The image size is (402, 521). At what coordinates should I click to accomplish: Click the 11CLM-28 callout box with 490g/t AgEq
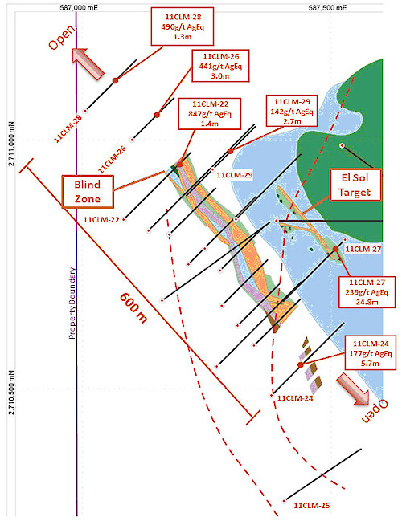click(x=183, y=26)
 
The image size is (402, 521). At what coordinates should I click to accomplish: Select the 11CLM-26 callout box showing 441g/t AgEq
click(x=220, y=66)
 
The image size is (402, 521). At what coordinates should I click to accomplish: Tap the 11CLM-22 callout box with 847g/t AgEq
click(x=210, y=114)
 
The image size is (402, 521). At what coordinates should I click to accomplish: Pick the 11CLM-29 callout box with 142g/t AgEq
click(x=292, y=111)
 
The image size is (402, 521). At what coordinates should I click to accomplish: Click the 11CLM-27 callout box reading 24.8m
click(x=367, y=292)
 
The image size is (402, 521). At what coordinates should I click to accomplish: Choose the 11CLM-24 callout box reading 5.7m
click(x=371, y=353)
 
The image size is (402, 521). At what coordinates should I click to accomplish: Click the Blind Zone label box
click(x=88, y=192)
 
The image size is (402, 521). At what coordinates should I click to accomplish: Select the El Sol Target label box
click(x=355, y=185)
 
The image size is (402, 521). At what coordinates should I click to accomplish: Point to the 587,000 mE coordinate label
click(x=79, y=7)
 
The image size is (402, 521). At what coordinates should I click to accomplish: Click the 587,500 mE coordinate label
click(x=327, y=7)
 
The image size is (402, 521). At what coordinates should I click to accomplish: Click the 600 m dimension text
click(x=133, y=308)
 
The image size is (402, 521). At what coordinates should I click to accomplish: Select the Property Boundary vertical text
click(x=72, y=303)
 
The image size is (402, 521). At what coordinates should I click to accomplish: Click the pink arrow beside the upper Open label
click(x=89, y=63)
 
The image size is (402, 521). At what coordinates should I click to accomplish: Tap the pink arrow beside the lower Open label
click(x=353, y=389)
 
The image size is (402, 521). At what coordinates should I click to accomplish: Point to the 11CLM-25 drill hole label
click(x=312, y=506)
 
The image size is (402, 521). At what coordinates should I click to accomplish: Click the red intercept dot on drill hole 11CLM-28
click(x=115, y=80)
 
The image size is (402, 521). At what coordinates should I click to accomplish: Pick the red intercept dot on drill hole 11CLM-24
click(x=301, y=364)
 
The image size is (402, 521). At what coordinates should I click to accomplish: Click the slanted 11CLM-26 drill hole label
click(x=112, y=159)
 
